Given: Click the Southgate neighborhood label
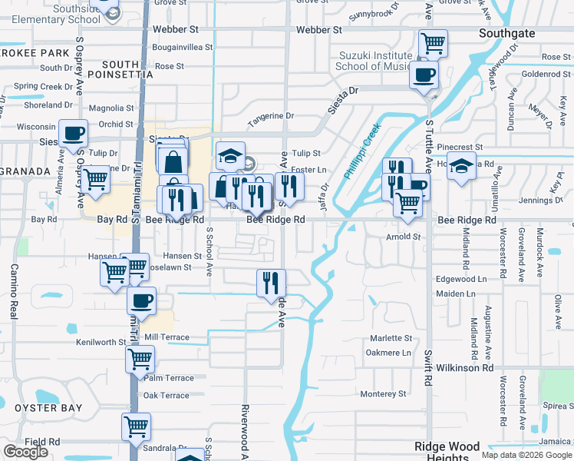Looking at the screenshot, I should pos(510,33).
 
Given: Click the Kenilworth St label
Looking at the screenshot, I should pos(101,341).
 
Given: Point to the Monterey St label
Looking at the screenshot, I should pos(382,394).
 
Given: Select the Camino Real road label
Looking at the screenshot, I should pos(14,292).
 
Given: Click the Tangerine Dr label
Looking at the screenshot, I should pos(270,116).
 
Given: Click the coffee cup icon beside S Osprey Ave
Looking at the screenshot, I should pos(74,134).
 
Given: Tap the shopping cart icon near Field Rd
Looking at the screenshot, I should pos(136,426).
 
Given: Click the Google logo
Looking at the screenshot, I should pos(25,453).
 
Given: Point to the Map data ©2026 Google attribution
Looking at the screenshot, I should pos(526,455).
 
